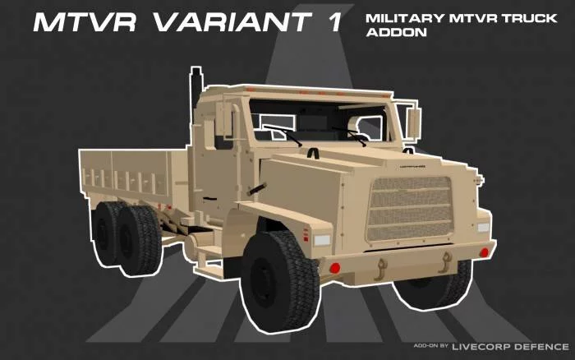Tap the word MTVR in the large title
pos(85,21)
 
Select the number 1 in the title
pos(334,21)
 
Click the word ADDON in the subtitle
pos(396,32)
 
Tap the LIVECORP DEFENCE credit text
pos(510,346)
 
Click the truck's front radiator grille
pos(411,208)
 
